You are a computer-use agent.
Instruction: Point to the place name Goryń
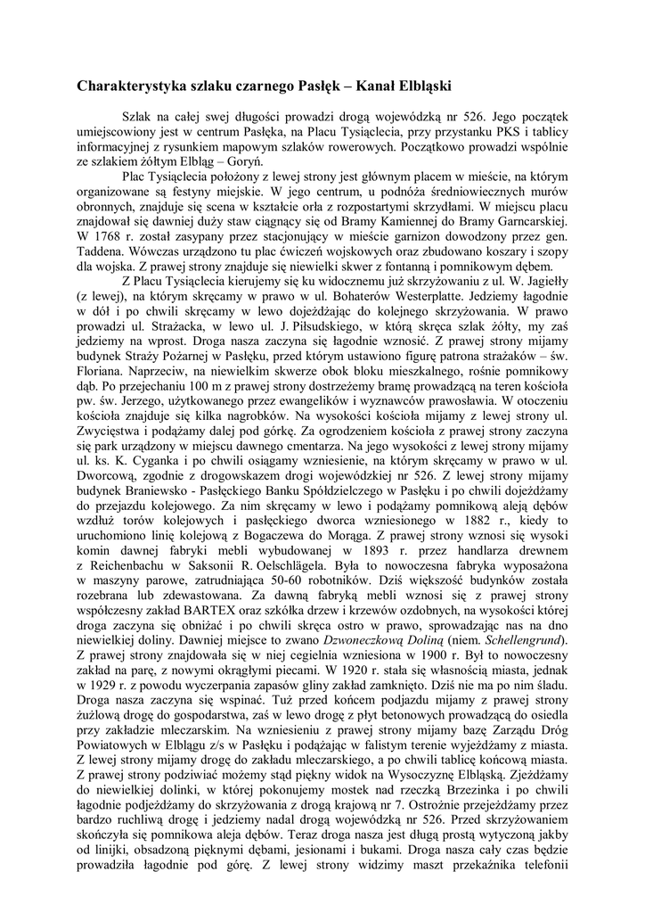point(242,163)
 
